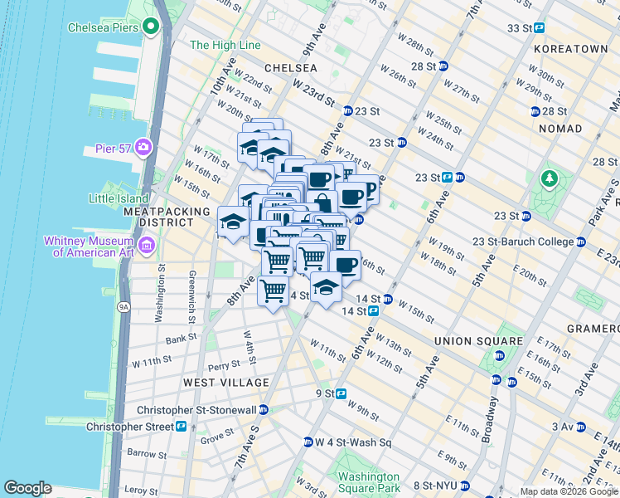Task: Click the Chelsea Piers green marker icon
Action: (150, 27)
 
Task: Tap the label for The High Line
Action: (225, 45)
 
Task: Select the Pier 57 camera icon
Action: (144, 148)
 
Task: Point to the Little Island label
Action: (119, 198)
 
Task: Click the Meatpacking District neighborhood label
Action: (167, 217)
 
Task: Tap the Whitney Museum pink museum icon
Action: (147, 245)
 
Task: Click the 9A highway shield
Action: (124, 306)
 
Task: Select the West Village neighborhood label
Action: (226, 383)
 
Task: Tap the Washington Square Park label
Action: (369, 482)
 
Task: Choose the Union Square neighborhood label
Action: (479, 341)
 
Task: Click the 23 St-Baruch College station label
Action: (522, 242)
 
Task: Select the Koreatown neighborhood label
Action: (570, 50)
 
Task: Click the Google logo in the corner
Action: (28, 488)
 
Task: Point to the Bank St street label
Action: (181, 339)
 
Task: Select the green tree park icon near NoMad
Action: (548, 178)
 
